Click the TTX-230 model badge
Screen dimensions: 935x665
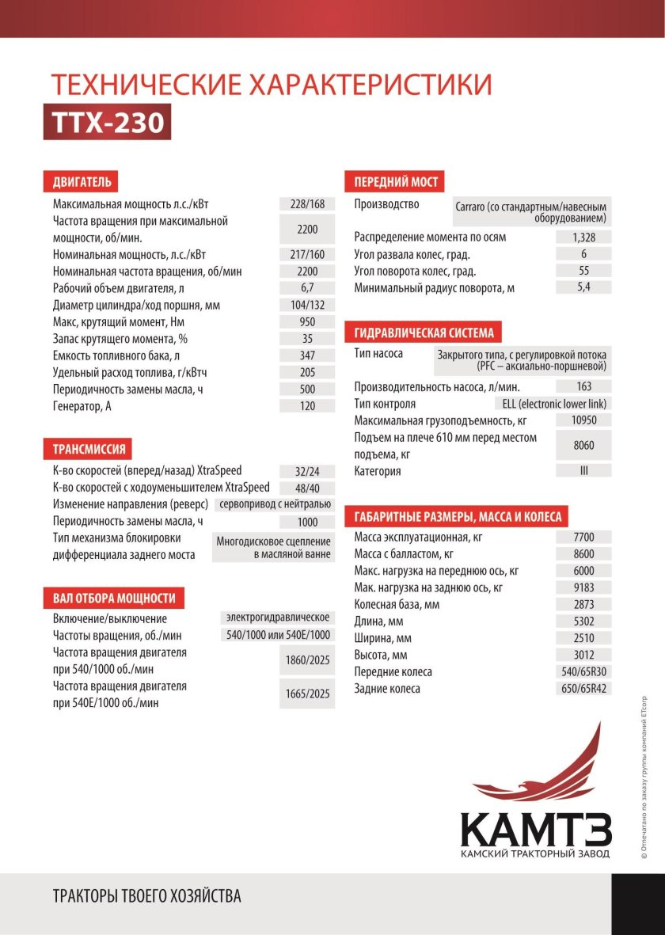coord(107,123)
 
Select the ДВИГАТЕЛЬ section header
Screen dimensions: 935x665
coord(82,182)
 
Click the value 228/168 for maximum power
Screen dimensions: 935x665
coord(307,204)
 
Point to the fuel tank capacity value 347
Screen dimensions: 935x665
coord(307,355)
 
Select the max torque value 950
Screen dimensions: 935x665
coord(307,322)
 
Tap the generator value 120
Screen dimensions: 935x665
coord(307,406)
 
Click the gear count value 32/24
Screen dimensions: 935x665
coord(307,470)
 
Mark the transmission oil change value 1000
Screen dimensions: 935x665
coord(307,522)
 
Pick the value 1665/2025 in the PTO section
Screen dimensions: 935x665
coord(307,694)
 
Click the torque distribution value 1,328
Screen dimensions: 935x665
coord(583,238)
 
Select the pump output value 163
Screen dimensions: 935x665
coord(583,387)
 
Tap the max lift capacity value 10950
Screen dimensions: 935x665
coord(583,420)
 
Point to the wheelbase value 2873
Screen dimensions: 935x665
coord(583,605)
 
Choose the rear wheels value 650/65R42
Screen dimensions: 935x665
coord(583,689)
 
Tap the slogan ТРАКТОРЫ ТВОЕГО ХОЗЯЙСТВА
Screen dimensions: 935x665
coord(146,897)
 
